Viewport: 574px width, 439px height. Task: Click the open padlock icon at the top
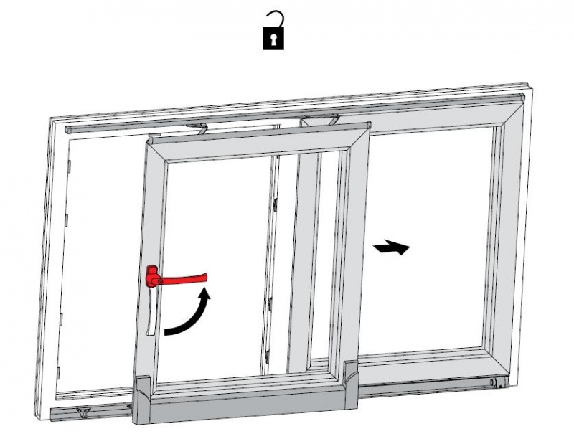pos(274,32)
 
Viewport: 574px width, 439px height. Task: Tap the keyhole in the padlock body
pos(274,40)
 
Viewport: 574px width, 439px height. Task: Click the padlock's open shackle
pos(276,20)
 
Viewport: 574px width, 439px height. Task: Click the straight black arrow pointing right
pos(392,247)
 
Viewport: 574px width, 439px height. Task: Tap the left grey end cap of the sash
pos(142,388)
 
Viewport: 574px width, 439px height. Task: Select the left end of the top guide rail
pos(69,131)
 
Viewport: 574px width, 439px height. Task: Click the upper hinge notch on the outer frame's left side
pos(70,168)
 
